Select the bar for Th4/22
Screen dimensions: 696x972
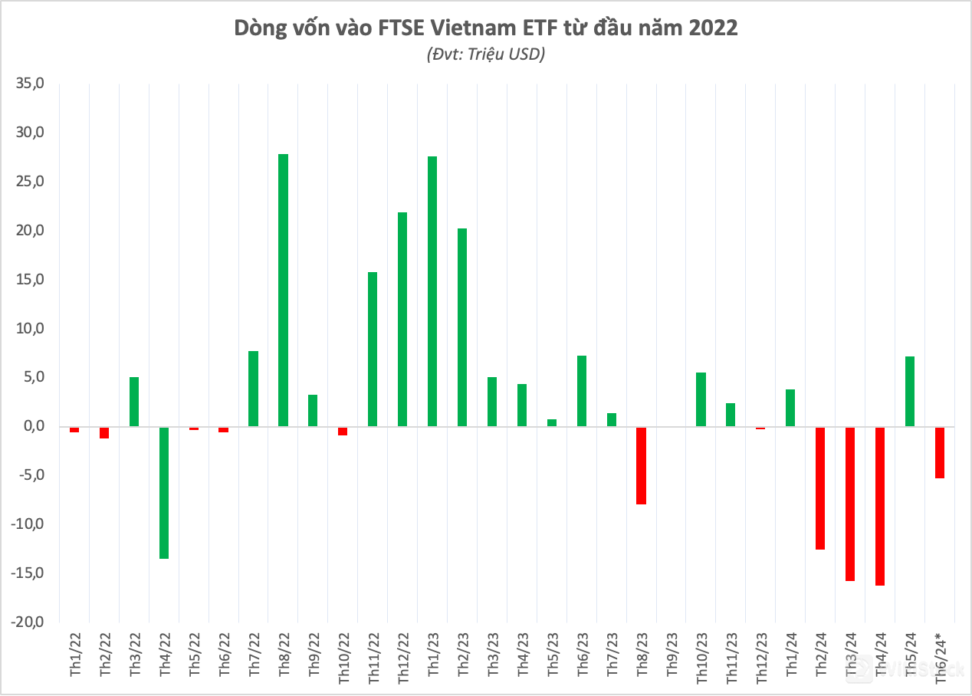164,492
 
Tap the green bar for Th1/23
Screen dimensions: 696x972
432,291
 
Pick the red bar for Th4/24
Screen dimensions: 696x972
880,506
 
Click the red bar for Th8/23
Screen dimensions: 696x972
641,465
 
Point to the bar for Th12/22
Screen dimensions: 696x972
402,319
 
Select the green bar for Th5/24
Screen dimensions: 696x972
909,391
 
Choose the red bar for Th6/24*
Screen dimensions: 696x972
939,452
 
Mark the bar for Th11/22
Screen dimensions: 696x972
373,349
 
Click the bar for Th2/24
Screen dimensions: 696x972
820,488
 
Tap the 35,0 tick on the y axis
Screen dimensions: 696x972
31,84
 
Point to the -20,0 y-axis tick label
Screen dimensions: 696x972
28,622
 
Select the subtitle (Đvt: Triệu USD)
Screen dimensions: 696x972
485,54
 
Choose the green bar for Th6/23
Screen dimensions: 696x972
582,391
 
